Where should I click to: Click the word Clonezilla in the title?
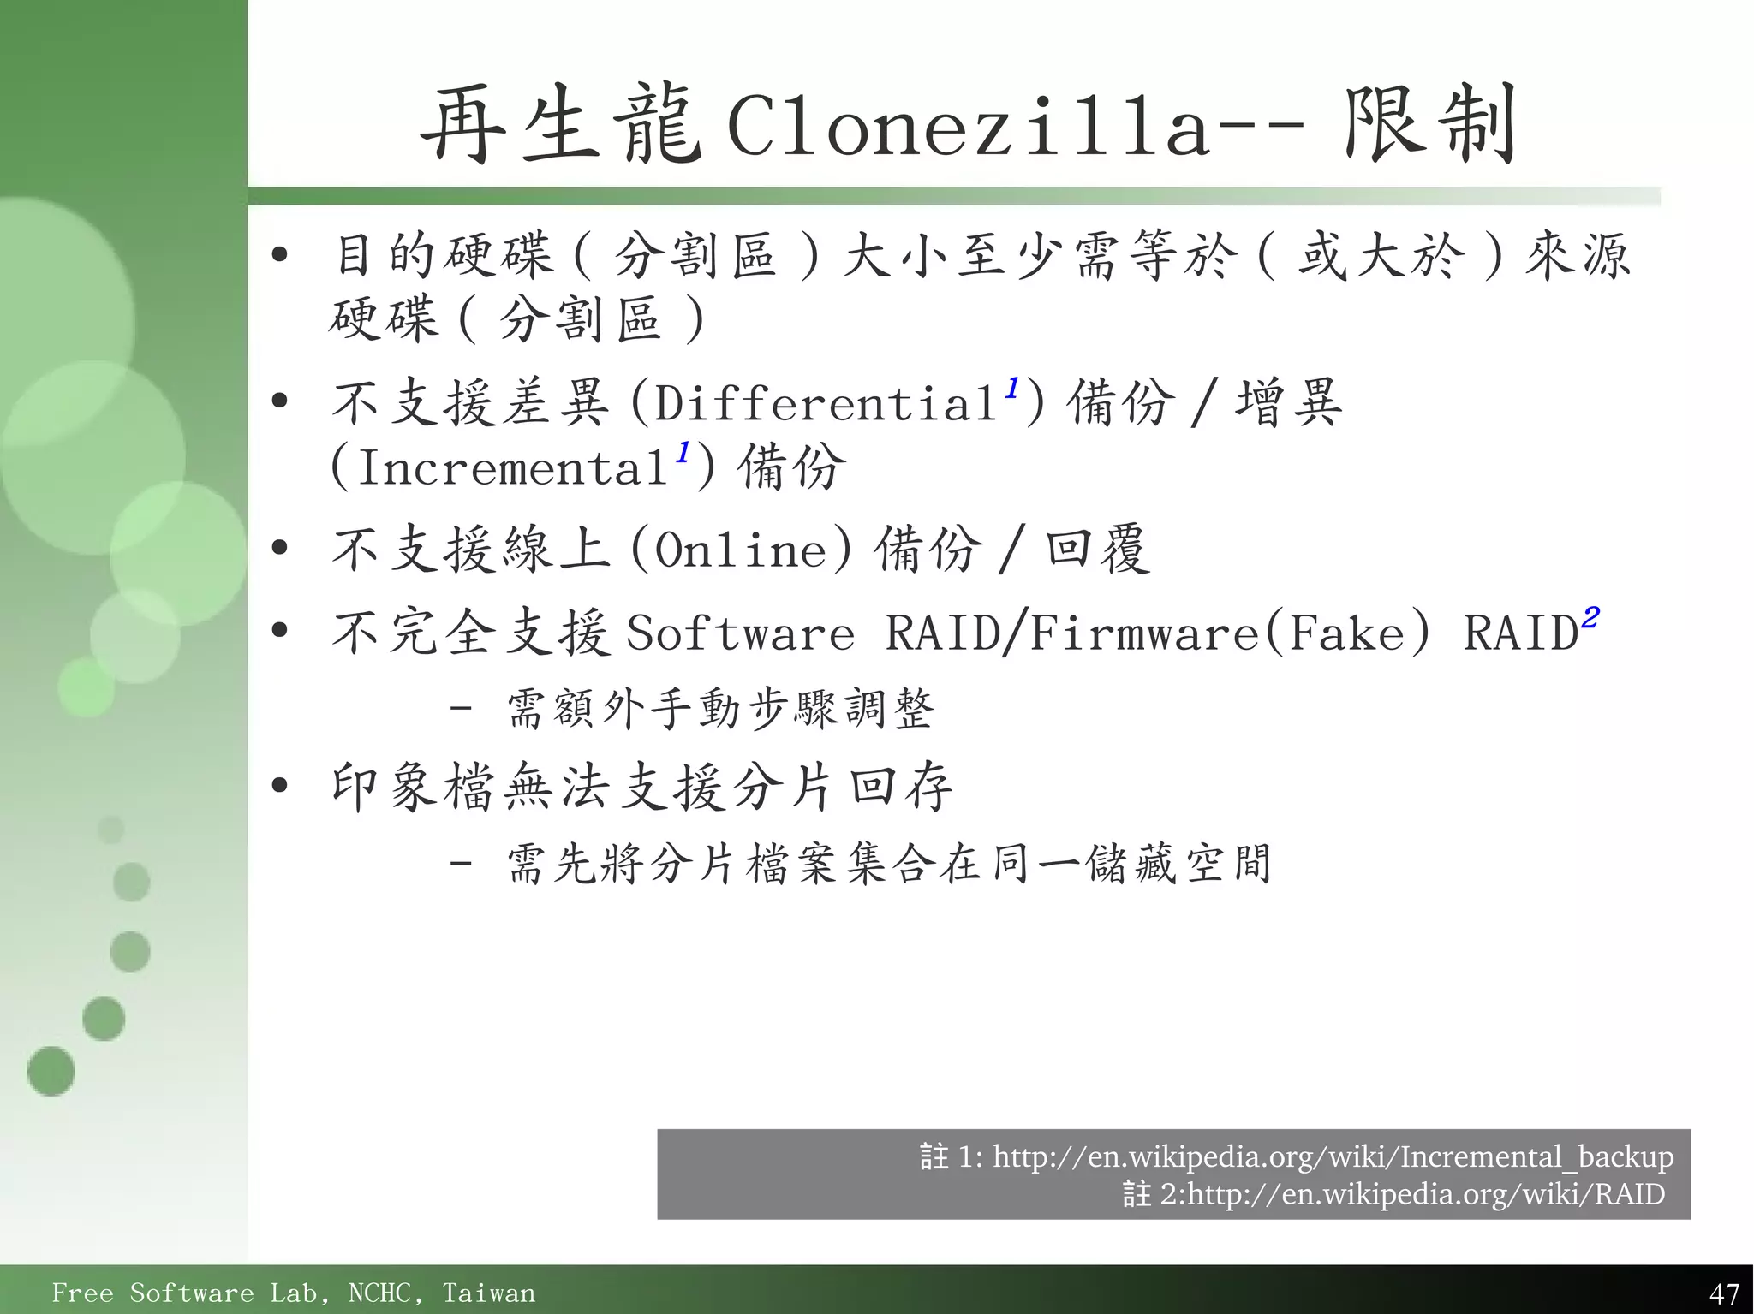point(968,128)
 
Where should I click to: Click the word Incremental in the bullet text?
point(512,467)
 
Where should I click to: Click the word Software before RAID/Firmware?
point(741,634)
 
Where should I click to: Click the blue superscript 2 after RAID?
point(1590,617)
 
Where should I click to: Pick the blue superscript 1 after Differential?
point(1012,388)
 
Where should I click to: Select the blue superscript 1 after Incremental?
point(683,452)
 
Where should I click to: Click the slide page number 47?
point(1723,1293)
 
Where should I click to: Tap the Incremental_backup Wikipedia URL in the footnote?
point(1333,1157)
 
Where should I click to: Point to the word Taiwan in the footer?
point(488,1293)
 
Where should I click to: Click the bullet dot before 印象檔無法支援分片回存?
point(279,786)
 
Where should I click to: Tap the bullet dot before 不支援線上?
point(279,548)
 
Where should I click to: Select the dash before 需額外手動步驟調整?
point(461,709)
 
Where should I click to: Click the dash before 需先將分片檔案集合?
point(461,862)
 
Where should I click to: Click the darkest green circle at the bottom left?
point(51,1071)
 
